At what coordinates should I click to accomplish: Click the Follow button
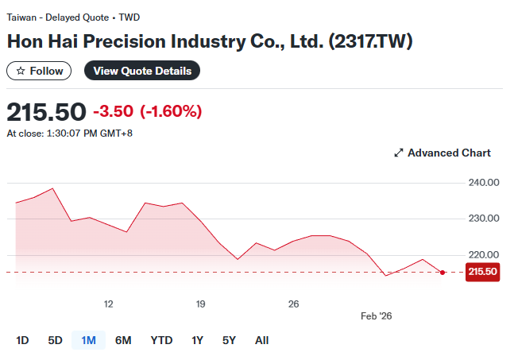click(40, 71)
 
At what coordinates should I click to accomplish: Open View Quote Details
click(142, 71)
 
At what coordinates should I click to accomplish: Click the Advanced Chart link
click(443, 153)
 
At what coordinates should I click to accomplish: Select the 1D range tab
click(22, 340)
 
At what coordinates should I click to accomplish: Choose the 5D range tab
click(55, 340)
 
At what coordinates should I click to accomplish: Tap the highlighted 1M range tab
click(88, 340)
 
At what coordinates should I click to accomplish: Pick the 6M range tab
click(123, 340)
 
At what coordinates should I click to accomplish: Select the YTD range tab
click(161, 340)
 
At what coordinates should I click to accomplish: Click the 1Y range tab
click(198, 340)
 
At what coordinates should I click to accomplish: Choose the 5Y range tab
click(229, 340)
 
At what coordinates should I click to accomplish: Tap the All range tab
click(261, 340)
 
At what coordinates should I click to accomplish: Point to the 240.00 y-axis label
click(483, 183)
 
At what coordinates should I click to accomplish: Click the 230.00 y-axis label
click(483, 219)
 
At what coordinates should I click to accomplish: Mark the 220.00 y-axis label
click(483, 254)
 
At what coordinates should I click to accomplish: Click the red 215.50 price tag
click(483, 272)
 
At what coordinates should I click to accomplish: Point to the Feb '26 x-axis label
click(377, 315)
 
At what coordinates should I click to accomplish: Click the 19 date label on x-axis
click(201, 304)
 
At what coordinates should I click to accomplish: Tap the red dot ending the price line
click(443, 272)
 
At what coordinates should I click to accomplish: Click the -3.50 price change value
click(114, 111)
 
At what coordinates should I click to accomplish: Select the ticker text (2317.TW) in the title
click(370, 41)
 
